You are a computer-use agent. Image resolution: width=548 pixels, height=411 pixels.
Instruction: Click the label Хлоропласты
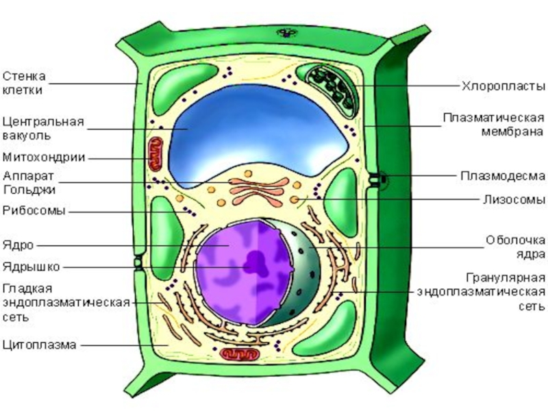pyautogui.click(x=503, y=86)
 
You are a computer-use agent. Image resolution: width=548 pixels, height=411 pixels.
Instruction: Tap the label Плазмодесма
pyautogui.click(x=503, y=176)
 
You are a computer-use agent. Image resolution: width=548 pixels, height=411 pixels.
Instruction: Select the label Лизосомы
pyautogui.click(x=514, y=199)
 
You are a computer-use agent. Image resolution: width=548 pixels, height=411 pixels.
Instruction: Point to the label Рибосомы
pyautogui.click(x=34, y=211)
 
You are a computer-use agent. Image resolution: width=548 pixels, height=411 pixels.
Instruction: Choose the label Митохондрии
pyautogui.click(x=44, y=158)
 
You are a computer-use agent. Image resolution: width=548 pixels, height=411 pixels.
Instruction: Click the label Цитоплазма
pyautogui.click(x=40, y=345)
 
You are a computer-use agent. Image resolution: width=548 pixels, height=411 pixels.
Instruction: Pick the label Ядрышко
pyautogui.click(x=32, y=267)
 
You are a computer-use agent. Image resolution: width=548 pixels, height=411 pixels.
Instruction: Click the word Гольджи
pyautogui.click(x=29, y=190)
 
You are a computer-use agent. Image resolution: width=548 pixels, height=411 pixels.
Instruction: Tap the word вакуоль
pyautogui.click(x=27, y=136)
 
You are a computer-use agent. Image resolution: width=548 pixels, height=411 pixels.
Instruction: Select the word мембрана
pyautogui.click(x=512, y=132)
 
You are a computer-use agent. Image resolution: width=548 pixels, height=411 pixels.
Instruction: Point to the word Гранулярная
pyautogui.click(x=506, y=278)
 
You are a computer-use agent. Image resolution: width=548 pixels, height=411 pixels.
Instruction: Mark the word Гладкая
pyautogui.click(x=27, y=289)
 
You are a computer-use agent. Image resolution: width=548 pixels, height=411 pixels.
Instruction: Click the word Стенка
pyautogui.click(x=24, y=76)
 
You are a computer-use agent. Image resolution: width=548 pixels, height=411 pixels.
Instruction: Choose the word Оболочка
pyautogui.click(x=516, y=240)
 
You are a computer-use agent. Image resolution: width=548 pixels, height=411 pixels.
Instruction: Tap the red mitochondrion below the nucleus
pyautogui.click(x=240, y=354)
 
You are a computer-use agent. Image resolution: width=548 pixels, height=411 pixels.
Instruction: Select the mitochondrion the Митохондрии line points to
pyautogui.click(x=155, y=153)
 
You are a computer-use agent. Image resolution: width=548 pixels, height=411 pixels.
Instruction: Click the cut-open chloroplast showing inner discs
pyautogui.click(x=329, y=90)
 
